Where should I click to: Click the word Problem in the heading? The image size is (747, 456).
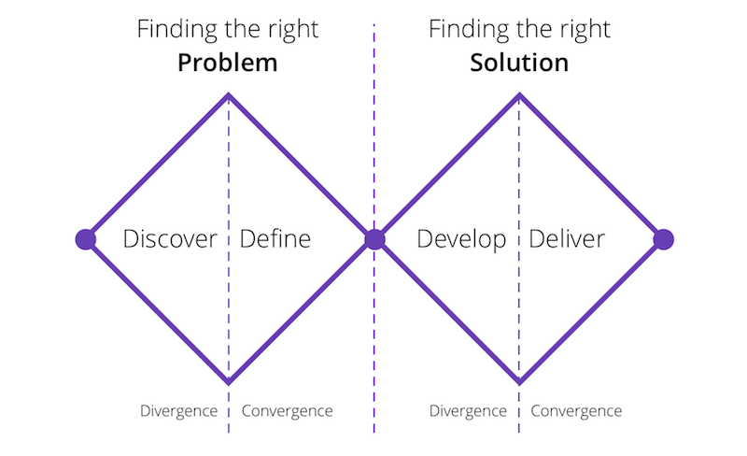click(x=227, y=64)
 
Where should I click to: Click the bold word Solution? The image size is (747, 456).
click(x=519, y=63)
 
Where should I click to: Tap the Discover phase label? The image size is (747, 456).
click(x=170, y=238)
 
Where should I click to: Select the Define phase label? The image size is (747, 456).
click(x=275, y=238)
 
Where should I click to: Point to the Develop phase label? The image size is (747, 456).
click(x=461, y=239)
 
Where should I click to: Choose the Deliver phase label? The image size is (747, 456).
click(x=567, y=238)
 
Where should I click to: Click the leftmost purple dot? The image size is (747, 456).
click(x=86, y=239)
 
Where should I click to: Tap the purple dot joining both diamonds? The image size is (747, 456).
click(x=374, y=239)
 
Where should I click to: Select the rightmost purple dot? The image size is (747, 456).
click(x=664, y=239)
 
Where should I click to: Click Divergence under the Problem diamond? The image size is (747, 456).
click(x=178, y=411)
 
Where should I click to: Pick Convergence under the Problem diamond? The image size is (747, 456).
click(x=288, y=411)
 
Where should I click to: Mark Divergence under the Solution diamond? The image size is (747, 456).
click(x=468, y=411)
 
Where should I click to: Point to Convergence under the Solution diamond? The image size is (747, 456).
click(x=576, y=411)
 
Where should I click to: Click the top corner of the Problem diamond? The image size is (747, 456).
click(x=229, y=94)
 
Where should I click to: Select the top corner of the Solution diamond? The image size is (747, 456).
click(x=519, y=94)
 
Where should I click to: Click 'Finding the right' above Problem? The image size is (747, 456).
click(x=228, y=30)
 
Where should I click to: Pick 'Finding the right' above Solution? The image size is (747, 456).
click(x=519, y=30)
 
